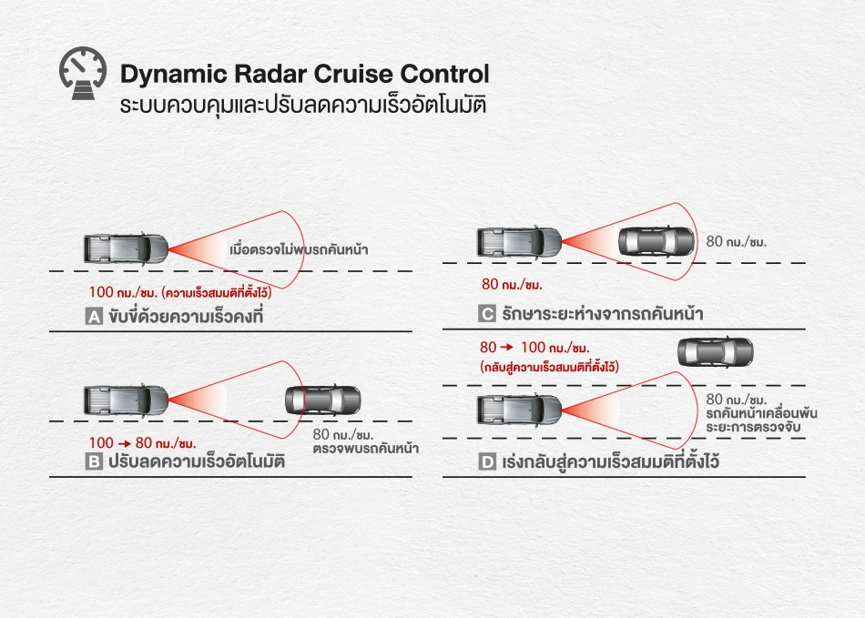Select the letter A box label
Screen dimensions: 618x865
tap(93, 317)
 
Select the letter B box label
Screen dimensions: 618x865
tap(93, 461)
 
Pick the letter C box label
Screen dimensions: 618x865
tap(486, 314)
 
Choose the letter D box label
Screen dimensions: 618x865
tap(486, 462)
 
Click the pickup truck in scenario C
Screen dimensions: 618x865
tap(518, 241)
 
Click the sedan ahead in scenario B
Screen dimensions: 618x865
tap(324, 400)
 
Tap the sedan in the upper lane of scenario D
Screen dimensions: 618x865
tap(716, 350)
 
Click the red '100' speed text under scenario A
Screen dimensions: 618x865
tap(102, 293)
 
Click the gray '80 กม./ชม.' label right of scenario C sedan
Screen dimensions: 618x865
tap(738, 242)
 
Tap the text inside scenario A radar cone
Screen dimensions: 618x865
tap(299, 248)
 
